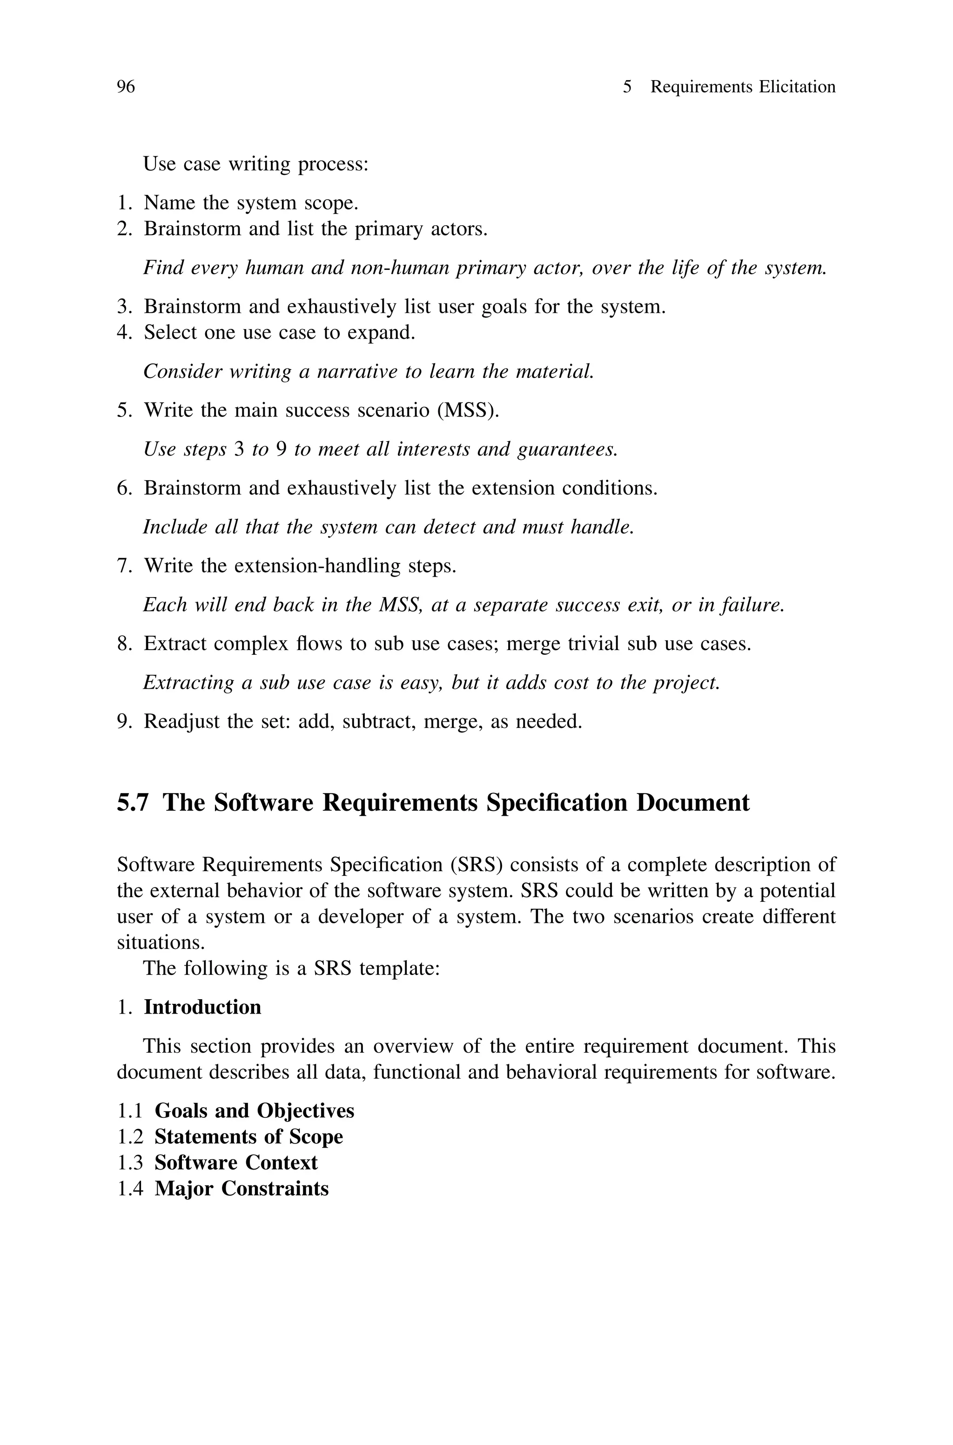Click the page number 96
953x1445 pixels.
(x=126, y=87)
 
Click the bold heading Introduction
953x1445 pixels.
(x=202, y=1008)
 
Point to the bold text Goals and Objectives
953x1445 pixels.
(x=254, y=1111)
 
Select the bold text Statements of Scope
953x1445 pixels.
(x=248, y=1137)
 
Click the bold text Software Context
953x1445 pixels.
(x=236, y=1163)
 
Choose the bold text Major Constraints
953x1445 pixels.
(x=242, y=1189)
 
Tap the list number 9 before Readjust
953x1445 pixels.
(x=123, y=722)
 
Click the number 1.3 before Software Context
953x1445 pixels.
(x=129, y=1163)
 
